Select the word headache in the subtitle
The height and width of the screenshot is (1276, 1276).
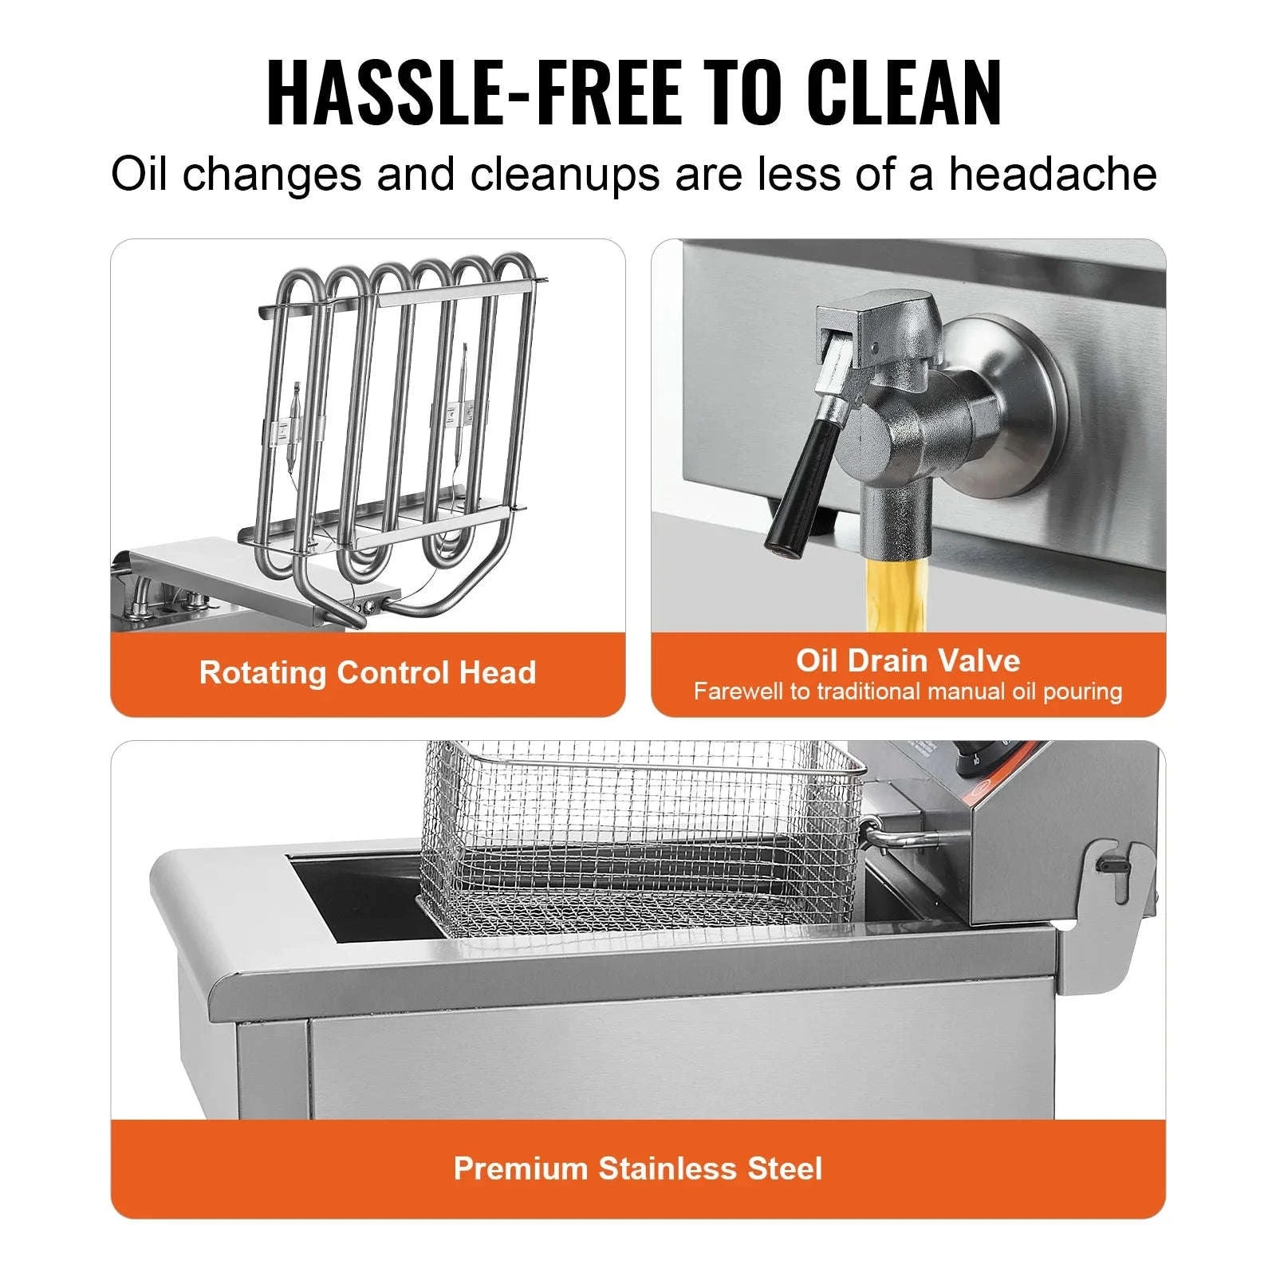point(1052,174)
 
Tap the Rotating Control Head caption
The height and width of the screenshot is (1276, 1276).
point(367,672)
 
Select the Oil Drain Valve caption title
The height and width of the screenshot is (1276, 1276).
point(908,660)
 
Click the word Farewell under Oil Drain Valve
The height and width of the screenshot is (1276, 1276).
point(738,691)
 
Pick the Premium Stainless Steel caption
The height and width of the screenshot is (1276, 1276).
point(637,1168)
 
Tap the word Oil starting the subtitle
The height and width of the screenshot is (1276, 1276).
point(140,174)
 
